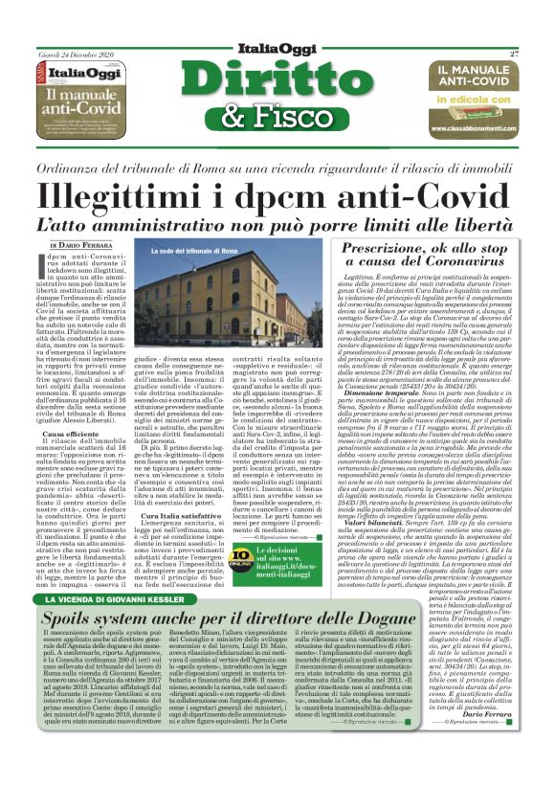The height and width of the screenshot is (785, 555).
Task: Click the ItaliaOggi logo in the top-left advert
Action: click(x=89, y=73)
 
